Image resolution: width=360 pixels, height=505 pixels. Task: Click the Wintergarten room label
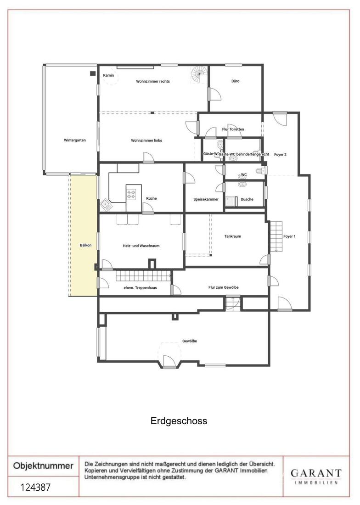pyautogui.click(x=75, y=140)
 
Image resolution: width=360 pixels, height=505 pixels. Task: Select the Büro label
pyautogui.click(x=236, y=81)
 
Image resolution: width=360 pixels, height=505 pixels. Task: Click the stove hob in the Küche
pyautogui.click(x=131, y=194)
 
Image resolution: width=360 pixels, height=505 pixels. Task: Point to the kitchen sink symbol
pyautogui.click(x=106, y=204)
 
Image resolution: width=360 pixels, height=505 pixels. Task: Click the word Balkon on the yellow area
pyautogui.click(x=86, y=246)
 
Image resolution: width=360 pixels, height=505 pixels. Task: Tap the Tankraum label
pyautogui.click(x=232, y=236)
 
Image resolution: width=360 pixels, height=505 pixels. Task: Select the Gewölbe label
pyautogui.click(x=190, y=341)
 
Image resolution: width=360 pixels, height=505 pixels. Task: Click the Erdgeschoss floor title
pyautogui.click(x=179, y=421)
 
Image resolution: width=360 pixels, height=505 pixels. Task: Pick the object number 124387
pyautogui.click(x=36, y=487)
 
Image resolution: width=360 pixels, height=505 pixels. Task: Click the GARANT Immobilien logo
pyautogui.click(x=316, y=477)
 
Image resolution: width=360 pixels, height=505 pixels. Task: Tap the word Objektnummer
pyautogui.click(x=43, y=466)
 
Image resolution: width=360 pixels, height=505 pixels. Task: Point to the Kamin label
pyautogui.click(x=108, y=75)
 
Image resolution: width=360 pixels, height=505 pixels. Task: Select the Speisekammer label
pyautogui.click(x=206, y=199)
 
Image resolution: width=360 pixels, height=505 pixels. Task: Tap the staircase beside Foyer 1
pyautogui.click(x=276, y=236)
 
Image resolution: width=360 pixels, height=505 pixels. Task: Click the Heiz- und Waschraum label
pyautogui.click(x=141, y=246)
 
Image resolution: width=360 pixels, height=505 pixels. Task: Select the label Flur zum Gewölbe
pyautogui.click(x=224, y=287)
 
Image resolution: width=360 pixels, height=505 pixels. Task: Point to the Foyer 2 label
pyautogui.click(x=281, y=155)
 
